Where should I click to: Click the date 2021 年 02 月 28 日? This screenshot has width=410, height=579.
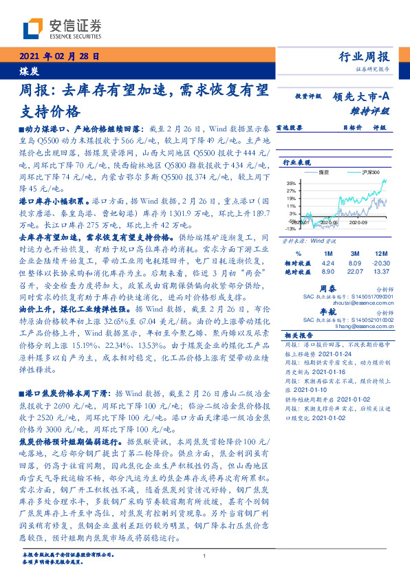coord(59,57)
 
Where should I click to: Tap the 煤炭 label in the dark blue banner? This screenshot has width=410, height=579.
coord(29,70)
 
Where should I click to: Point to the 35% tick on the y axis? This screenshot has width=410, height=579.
coord(291,183)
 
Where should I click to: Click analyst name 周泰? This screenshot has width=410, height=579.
coord(347,289)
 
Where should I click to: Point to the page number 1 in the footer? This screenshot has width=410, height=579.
coord(204,556)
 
